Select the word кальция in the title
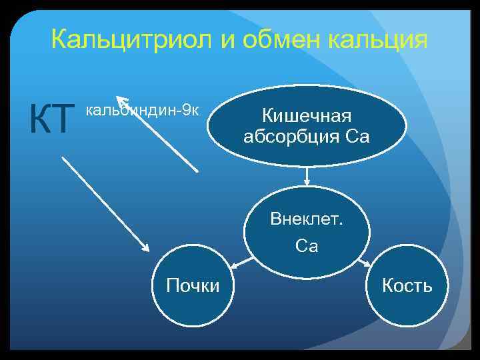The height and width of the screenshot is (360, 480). [x=385, y=41]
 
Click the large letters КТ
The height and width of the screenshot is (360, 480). [x=49, y=119]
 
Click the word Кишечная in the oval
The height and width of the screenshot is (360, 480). [x=306, y=117]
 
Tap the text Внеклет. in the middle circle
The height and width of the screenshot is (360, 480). [x=307, y=219]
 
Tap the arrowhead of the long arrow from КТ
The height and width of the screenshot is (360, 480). [x=145, y=247]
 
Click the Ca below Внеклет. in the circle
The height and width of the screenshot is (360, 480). [x=307, y=246]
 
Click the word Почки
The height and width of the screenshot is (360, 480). [x=193, y=287]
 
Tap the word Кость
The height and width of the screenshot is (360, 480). [x=407, y=287]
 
